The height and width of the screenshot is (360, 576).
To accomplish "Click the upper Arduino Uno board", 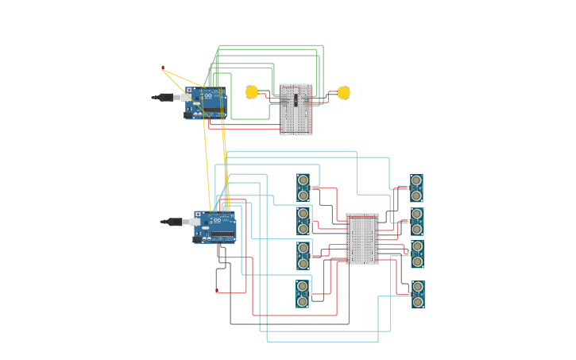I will click(x=207, y=104).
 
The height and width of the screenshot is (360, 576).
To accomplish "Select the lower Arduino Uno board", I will click(x=215, y=227).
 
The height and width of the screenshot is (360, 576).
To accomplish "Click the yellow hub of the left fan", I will click(x=252, y=92).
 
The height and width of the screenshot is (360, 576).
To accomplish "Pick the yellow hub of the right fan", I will click(x=343, y=93).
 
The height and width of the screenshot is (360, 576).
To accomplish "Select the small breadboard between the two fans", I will click(x=296, y=110).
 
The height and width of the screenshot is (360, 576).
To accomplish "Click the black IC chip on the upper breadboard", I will click(x=296, y=99).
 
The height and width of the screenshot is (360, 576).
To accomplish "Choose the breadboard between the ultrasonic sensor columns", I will click(x=362, y=238).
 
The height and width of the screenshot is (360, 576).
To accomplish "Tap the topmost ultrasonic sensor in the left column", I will click(x=303, y=188).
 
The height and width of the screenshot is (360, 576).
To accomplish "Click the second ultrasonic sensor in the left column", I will click(x=303, y=220).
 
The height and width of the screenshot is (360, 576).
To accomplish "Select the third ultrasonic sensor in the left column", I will click(x=303, y=255).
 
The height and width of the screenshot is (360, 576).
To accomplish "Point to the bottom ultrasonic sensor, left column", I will click(x=303, y=293).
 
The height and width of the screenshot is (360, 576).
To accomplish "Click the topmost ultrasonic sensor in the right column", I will click(x=416, y=188).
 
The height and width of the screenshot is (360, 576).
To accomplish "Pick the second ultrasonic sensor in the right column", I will click(x=416, y=222).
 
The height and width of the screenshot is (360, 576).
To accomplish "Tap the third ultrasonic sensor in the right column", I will click(x=416, y=254).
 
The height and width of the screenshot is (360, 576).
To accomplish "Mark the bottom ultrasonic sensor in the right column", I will click(x=417, y=294).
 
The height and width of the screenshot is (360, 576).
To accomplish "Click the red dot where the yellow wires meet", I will click(x=163, y=68).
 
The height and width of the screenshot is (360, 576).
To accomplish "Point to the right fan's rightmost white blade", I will click(x=355, y=93).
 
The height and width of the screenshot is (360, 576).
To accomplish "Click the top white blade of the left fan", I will click(x=257, y=81).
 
